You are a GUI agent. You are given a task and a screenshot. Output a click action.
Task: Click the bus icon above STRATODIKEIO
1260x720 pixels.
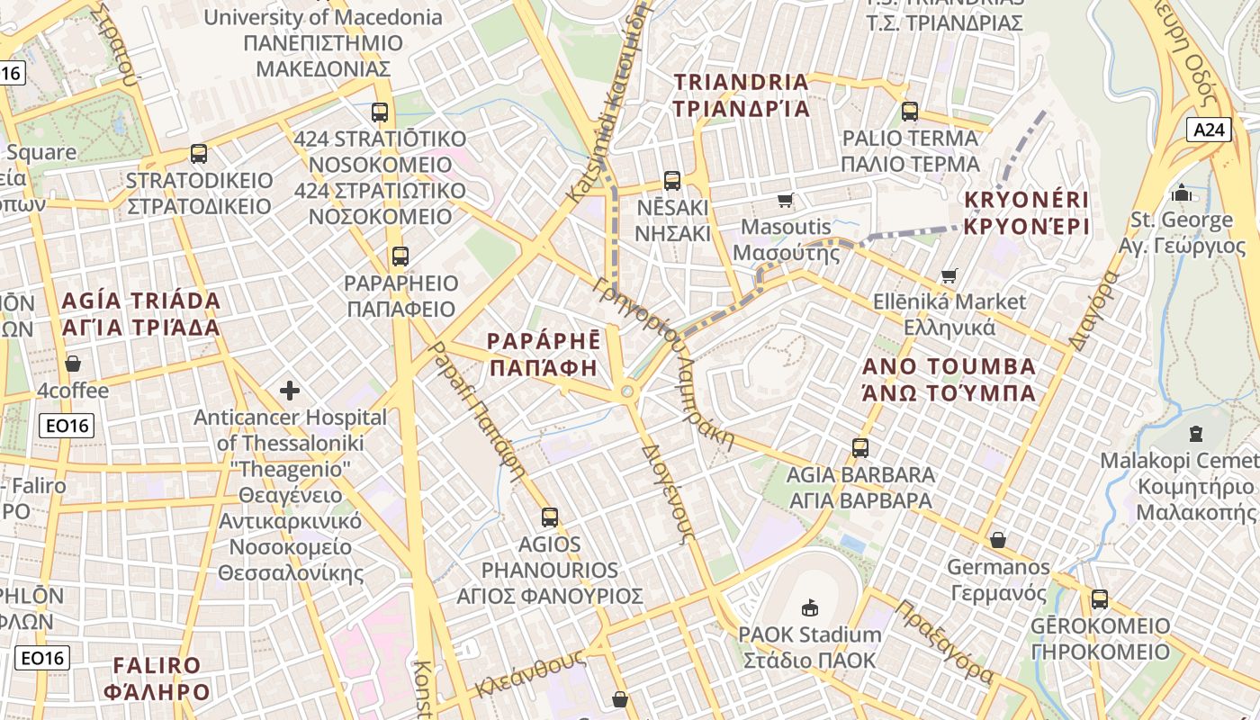(x=199, y=154)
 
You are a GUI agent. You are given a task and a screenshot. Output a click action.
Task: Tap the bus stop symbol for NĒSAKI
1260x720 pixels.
(x=672, y=181)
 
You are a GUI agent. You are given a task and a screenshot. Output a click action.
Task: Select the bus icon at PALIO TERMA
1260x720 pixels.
(x=910, y=112)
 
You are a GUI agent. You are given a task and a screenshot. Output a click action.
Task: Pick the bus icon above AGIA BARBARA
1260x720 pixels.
(x=860, y=447)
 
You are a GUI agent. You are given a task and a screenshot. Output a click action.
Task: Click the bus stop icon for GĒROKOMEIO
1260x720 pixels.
(x=1099, y=598)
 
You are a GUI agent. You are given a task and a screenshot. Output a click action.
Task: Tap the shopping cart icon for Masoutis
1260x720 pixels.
(x=786, y=200)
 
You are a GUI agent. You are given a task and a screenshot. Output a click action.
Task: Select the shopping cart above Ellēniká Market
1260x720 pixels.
(x=949, y=275)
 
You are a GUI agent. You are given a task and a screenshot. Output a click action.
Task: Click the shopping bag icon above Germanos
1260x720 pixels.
(x=998, y=540)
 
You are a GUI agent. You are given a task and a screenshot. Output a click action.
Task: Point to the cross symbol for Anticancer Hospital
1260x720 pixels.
(x=290, y=391)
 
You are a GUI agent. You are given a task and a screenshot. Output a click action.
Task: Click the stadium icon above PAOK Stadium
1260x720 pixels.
(x=810, y=607)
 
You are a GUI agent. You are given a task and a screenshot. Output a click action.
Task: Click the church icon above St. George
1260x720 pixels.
(x=1181, y=193)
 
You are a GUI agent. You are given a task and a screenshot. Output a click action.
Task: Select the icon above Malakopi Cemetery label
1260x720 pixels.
(x=1195, y=434)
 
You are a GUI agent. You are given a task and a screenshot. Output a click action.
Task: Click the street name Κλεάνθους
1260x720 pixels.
(x=530, y=673)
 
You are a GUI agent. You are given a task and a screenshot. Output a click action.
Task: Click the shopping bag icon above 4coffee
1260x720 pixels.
(x=73, y=364)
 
